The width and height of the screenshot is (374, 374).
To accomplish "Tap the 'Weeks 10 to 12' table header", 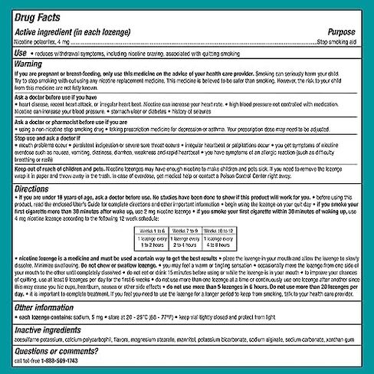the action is coord(227,229).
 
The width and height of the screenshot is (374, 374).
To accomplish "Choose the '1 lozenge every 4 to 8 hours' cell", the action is coord(227,243).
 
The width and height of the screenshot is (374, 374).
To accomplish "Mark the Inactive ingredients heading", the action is coord(52,326).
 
